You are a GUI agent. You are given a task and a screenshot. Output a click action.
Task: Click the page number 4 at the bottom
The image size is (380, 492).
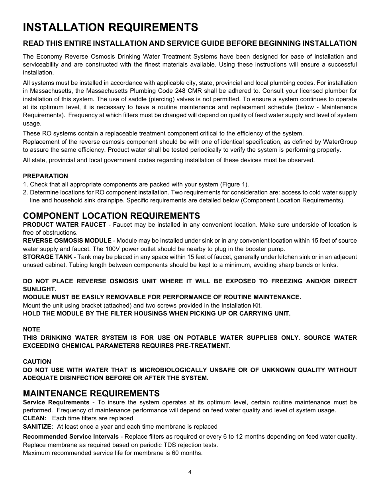190,472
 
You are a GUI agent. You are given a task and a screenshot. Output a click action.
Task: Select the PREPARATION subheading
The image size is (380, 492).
45,176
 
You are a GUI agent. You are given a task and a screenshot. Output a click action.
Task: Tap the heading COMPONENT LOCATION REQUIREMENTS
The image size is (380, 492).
112,216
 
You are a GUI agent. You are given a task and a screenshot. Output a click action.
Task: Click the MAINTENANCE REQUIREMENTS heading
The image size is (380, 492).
91,393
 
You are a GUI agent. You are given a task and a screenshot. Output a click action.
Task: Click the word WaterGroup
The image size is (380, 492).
340,142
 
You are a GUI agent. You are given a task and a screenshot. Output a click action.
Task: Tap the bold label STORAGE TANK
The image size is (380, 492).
47,257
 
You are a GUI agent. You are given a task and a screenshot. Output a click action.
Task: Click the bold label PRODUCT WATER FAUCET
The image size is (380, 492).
65,224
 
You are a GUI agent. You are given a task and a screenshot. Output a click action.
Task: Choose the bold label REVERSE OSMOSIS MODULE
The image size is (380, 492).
67,240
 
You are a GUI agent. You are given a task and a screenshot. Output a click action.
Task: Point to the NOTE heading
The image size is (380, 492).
31,329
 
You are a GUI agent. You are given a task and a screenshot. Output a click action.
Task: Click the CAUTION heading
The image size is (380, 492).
37,361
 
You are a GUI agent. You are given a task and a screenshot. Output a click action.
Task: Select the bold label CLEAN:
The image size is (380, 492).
35,418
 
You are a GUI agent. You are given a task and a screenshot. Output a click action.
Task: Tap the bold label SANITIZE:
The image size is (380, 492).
38,426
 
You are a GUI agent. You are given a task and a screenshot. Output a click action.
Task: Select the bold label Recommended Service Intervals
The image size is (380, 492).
71,437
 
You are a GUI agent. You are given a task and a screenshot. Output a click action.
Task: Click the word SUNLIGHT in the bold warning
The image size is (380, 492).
39,289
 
